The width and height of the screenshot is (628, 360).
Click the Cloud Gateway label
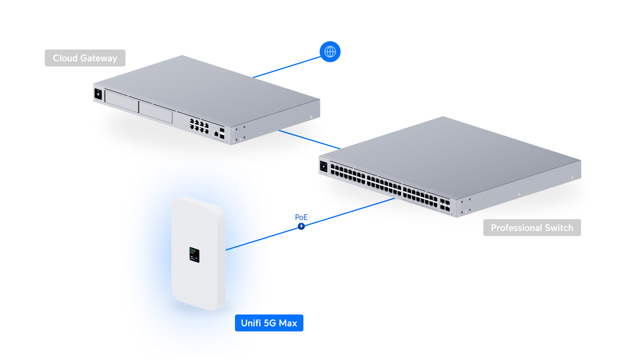[85, 58]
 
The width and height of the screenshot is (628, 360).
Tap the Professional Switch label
[532, 228]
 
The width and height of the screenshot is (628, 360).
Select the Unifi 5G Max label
[269, 323]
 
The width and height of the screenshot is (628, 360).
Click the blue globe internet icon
[330, 52]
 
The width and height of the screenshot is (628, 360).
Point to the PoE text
[301, 217]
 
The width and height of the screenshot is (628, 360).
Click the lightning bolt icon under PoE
[301, 226]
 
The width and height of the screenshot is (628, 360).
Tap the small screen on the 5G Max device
[194, 255]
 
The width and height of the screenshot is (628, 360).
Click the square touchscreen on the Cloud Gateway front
[98, 94]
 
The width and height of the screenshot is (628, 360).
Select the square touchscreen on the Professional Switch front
[324, 167]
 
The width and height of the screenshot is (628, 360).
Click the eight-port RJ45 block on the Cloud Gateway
[199, 126]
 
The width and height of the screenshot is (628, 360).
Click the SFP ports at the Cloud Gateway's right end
[222, 133]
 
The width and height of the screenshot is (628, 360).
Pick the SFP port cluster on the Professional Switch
[445, 205]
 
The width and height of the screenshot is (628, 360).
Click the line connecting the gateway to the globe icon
[286, 67]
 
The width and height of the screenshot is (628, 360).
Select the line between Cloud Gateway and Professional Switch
[309, 139]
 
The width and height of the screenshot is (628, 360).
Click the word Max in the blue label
[288, 323]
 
